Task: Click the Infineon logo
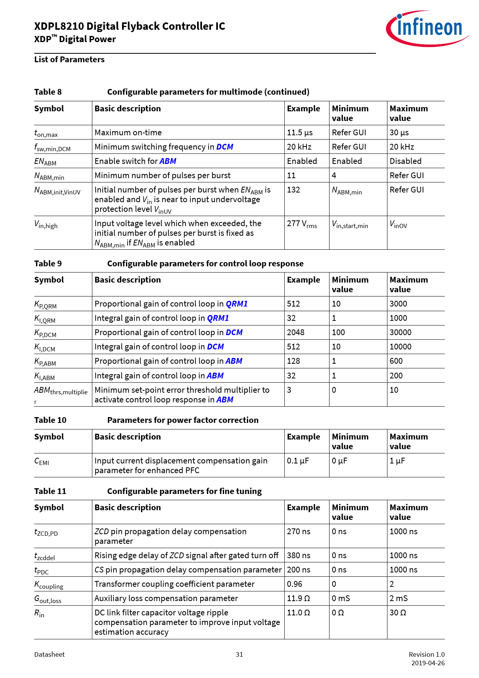[427, 28]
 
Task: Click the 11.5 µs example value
[300, 133]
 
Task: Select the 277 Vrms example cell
[302, 224]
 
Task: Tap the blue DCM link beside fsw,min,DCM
[224, 147]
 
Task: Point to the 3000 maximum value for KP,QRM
[398, 304]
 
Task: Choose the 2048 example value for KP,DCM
[296, 332]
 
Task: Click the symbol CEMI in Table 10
[42, 461]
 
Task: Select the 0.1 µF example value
[298, 461]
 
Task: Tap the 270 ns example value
[299, 531]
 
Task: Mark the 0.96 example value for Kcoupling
[295, 584]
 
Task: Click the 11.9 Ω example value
[298, 598]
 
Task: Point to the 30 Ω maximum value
[397, 613]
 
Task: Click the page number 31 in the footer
[239, 654]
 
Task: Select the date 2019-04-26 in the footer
[428, 663]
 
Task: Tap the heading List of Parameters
[70, 60]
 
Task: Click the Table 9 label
[48, 264]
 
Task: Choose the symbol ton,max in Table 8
[46, 133]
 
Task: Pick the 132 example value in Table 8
[294, 190]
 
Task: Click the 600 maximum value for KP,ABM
[396, 361]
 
